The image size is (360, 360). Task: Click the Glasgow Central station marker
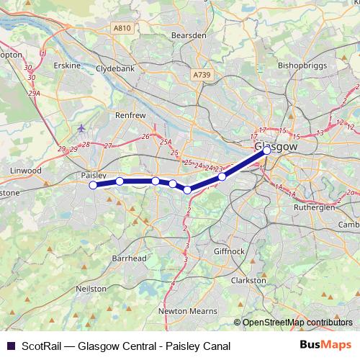pyautogui.click(x=266, y=150)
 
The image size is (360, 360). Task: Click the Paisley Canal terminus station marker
pyautogui.click(x=93, y=185)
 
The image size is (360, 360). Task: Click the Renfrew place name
pyautogui.click(x=130, y=114)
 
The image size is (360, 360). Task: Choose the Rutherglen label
pyautogui.click(x=315, y=207)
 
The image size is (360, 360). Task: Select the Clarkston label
pyautogui.click(x=248, y=280)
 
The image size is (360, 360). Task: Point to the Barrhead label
pyautogui.click(x=130, y=258)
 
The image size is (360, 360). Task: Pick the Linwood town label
pyautogui.click(x=26, y=171)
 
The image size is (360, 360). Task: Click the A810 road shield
pyautogui.click(x=123, y=28)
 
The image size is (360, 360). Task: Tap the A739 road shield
pyautogui.click(x=202, y=74)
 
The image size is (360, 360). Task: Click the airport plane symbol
pyautogui.click(x=81, y=129)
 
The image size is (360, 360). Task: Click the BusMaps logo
pyautogui.click(x=326, y=346)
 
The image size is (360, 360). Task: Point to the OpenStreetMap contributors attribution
pyautogui.click(x=297, y=323)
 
